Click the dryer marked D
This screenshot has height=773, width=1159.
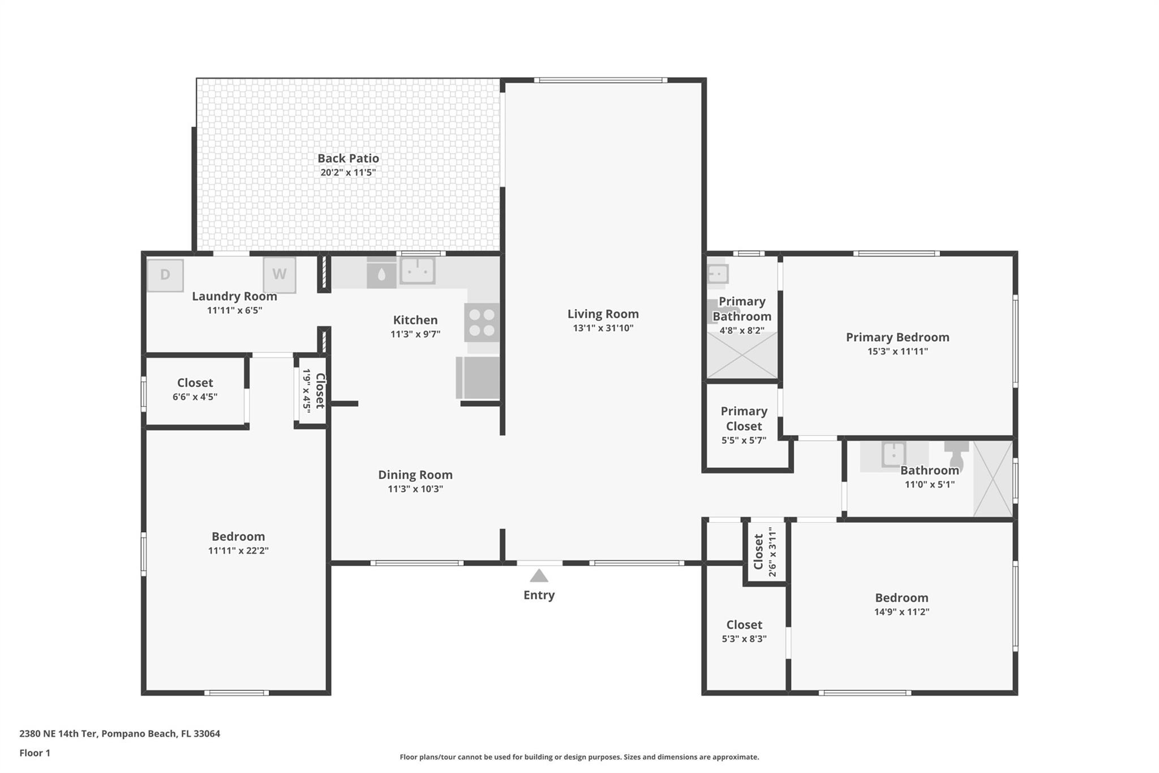pos(165,275)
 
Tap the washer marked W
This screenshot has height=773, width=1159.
pos(280,275)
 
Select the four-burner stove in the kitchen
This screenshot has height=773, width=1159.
pos(482,322)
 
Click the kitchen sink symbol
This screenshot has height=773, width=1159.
pos(418,271)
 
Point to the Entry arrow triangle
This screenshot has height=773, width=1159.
pos(539,575)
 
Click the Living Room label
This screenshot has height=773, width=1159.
pos(603,314)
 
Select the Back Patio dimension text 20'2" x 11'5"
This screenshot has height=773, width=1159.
pos(348,172)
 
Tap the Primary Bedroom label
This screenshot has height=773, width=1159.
pos(898,337)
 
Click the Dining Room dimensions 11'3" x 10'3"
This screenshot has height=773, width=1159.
pos(415,489)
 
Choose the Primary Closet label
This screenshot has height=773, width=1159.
pos(744,418)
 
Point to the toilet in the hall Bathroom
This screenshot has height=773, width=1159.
pos(956,456)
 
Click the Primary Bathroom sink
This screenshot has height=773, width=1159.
pos(718,274)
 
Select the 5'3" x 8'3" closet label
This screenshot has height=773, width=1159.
pos(744,639)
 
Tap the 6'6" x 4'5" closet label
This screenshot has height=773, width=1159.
pos(195,396)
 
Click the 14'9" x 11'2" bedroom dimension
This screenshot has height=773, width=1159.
pos(902,612)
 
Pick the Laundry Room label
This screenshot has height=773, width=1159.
pos(234,296)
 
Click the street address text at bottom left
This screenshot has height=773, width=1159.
pos(119,733)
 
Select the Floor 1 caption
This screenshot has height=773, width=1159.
pos(35,753)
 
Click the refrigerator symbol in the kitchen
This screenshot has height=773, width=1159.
pos(478,377)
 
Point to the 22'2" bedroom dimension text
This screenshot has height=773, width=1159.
pos(238,550)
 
